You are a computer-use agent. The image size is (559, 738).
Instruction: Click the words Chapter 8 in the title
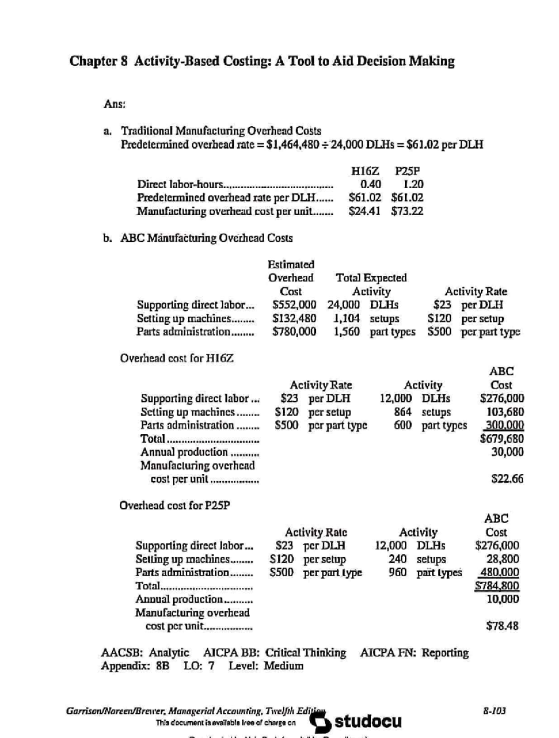click(x=98, y=61)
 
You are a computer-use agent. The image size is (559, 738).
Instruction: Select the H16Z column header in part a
click(x=365, y=171)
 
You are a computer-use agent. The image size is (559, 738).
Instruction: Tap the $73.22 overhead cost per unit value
click(x=407, y=211)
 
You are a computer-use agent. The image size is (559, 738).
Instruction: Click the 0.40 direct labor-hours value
click(x=370, y=184)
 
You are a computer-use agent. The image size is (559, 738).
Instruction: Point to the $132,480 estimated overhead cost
click(x=294, y=319)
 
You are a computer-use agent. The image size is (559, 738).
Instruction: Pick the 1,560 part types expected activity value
click(x=347, y=332)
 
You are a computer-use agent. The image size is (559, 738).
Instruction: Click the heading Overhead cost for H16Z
click(x=177, y=358)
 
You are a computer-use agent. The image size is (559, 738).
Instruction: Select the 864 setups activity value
click(x=402, y=412)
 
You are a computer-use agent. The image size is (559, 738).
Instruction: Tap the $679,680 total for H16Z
click(x=502, y=438)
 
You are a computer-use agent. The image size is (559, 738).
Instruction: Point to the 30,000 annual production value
click(x=507, y=452)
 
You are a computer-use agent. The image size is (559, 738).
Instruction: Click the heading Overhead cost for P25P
click(x=175, y=506)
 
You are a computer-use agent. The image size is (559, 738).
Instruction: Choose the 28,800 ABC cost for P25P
click(x=503, y=559)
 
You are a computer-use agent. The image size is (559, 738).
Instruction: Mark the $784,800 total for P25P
click(x=497, y=586)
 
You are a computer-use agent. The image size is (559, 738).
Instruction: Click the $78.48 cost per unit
click(x=502, y=626)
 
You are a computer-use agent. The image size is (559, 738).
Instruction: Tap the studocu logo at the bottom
click(x=356, y=722)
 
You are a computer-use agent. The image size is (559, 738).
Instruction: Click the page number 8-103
click(x=494, y=711)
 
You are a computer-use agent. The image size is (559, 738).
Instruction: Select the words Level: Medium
click(x=266, y=666)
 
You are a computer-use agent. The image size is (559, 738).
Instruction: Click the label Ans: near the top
click(x=114, y=104)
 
